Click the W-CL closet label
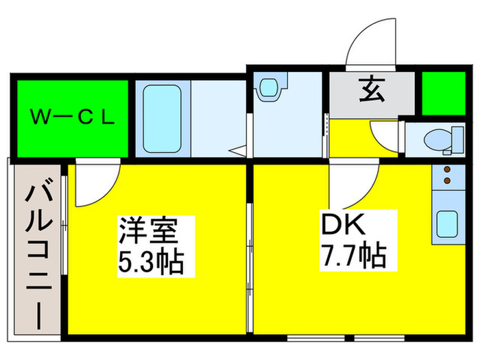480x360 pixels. click(73, 117)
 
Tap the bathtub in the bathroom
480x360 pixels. click(163, 119)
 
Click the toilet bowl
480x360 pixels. click(437, 140)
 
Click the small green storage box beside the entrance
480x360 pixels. click(444, 93)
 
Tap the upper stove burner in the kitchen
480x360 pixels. click(447, 169)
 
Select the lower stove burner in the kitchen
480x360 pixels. click(447, 181)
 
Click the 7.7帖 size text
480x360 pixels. click(352, 255)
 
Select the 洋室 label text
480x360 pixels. click(148, 230)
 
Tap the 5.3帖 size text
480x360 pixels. click(151, 262)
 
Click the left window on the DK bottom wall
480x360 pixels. click(316, 338)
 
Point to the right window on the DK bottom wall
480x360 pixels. click(379, 338)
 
